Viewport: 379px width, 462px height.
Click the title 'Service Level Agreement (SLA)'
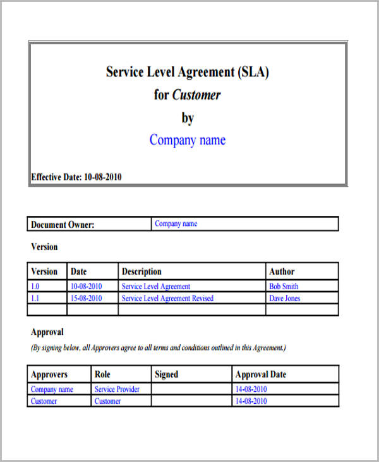[x=188, y=72]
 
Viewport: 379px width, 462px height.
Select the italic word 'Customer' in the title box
[x=196, y=95]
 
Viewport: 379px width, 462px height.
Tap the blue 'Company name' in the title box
[x=187, y=140]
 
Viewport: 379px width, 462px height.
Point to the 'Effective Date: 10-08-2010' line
[x=76, y=177]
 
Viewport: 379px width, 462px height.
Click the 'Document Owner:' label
[x=63, y=224]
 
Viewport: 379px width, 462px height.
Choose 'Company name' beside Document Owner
[x=176, y=223]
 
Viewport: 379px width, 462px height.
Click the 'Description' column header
[x=141, y=272]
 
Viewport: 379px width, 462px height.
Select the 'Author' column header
[x=282, y=272]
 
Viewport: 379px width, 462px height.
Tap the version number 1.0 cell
[x=35, y=287]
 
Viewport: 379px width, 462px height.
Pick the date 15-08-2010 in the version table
[x=86, y=298]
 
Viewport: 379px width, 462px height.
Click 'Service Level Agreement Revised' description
[x=167, y=298]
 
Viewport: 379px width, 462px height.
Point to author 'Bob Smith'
[x=284, y=287]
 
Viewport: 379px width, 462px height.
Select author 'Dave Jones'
[x=284, y=298]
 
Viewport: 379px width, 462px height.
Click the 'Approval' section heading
[x=47, y=332]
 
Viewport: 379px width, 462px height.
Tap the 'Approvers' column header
[x=49, y=374]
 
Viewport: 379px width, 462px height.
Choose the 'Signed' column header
[x=167, y=374]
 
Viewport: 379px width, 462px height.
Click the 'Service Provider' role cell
[x=117, y=389]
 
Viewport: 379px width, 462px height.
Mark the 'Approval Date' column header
[x=260, y=374]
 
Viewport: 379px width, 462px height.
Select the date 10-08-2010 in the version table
[x=86, y=287]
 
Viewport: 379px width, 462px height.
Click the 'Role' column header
[x=102, y=374]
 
